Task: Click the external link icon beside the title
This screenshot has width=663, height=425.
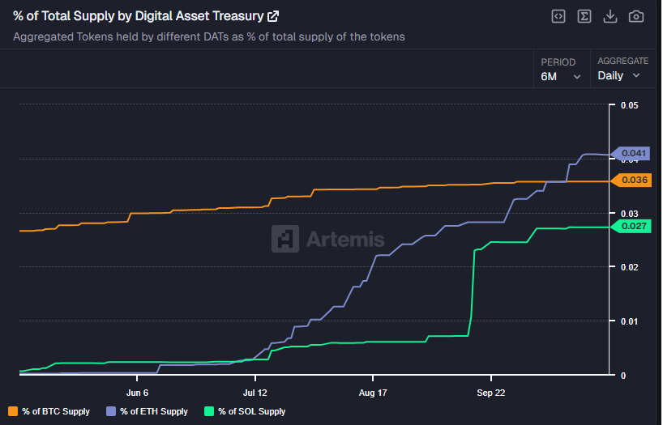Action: [273, 16]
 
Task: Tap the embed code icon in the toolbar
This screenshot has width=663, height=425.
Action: [558, 16]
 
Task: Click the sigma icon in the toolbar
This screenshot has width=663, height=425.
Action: [584, 16]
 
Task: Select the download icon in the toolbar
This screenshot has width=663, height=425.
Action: [610, 16]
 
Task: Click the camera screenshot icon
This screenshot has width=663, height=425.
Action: [636, 16]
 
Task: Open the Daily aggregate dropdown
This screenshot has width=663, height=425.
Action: [619, 75]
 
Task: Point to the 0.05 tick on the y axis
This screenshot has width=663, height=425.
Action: [629, 105]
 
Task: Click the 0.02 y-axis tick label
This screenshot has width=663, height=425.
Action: [629, 267]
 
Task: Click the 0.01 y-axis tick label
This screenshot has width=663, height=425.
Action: [629, 321]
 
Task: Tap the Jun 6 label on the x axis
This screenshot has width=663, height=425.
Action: [137, 393]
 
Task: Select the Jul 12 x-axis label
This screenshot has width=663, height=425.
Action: [255, 393]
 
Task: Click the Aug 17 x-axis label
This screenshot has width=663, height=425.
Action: [372, 393]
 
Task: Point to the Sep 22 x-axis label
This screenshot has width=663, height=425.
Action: [490, 393]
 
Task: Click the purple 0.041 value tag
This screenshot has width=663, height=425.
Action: [632, 153]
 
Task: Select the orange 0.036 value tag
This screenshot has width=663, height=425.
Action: [632, 180]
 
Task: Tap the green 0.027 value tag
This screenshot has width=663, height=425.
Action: [632, 226]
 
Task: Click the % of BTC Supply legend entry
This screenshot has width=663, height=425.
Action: [49, 411]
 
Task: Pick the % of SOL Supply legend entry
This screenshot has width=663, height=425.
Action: [245, 411]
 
